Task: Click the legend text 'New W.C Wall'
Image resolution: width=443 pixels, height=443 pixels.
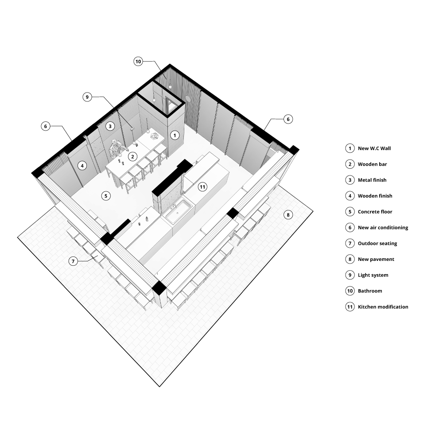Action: (x=374, y=148)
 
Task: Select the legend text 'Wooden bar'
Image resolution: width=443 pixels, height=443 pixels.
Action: (x=372, y=164)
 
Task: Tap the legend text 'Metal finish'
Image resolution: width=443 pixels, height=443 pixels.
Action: (x=372, y=180)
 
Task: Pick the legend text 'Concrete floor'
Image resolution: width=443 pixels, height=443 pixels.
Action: (x=375, y=212)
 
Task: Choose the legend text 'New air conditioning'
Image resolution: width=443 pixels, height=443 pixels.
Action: (x=383, y=228)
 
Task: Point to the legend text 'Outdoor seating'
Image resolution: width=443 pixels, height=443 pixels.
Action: (x=377, y=244)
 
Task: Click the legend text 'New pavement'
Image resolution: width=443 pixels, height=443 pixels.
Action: (x=376, y=259)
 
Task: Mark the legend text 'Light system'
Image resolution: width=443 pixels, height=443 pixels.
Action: (x=373, y=275)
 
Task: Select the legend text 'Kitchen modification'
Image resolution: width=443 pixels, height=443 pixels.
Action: (x=383, y=307)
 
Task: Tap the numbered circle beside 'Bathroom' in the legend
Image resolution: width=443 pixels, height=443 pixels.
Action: (x=350, y=291)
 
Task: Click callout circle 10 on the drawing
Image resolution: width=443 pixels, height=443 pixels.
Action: (x=138, y=62)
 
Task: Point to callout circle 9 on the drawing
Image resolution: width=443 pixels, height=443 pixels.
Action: (x=88, y=97)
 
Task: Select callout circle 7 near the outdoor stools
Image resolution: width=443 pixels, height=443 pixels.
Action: (x=74, y=261)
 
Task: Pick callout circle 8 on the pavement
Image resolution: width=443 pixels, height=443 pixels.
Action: (x=288, y=215)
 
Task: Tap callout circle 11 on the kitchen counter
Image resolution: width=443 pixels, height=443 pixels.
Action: (x=202, y=187)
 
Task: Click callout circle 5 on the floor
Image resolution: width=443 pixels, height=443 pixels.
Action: (x=106, y=195)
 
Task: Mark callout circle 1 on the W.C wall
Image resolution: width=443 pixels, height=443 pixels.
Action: (x=175, y=135)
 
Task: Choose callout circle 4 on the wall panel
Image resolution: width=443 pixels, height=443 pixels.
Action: (x=81, y=166)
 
